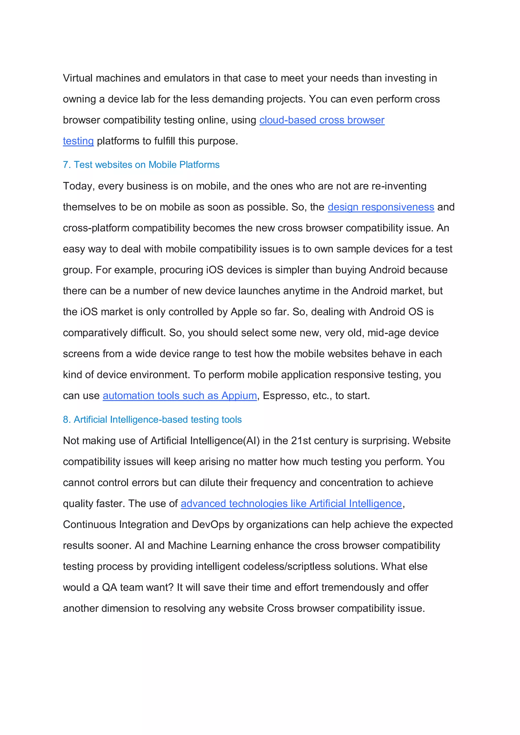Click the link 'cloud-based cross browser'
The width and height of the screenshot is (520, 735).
click(x=322, y=120)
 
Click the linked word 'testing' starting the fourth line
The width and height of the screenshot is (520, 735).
click(x=78, y=141)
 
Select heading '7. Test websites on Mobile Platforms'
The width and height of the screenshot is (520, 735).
click(x=141, y=165)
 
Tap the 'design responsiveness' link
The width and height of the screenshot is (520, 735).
click(x=381, y=207)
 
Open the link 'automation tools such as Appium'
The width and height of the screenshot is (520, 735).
click(x=180, y=396)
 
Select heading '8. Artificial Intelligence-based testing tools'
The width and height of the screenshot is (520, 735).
click(x=152, y=419)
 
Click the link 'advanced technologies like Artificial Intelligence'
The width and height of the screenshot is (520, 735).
click(x=291, y=504)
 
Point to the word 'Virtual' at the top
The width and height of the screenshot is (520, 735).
click(x=77, y=78)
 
